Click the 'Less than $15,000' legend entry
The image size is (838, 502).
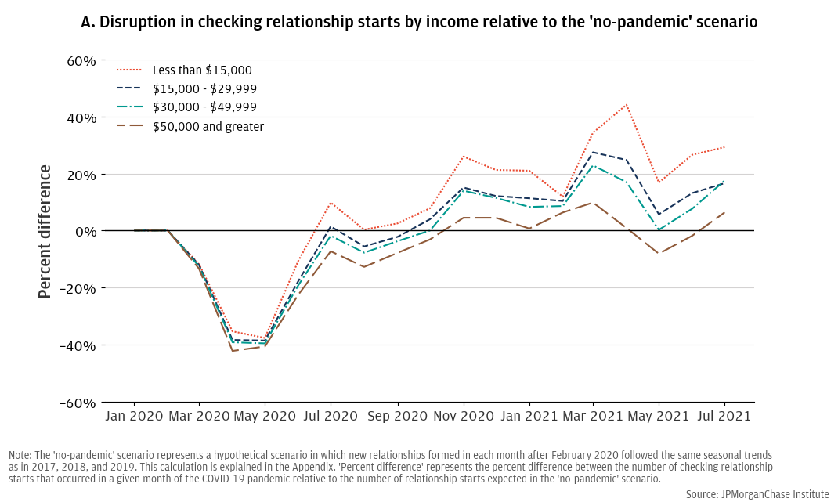tap(202, 70)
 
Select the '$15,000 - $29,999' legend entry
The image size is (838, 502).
tap(204, 88)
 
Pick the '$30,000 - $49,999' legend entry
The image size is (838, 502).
tap(204, 107)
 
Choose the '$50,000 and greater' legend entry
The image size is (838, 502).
tap(208, 126)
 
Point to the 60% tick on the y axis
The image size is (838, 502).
tap(81, 60)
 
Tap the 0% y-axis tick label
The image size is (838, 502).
tap(86, 231)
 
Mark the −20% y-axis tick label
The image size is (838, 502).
tap(79, 288)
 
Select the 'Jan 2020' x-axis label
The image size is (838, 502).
tap(133, 417)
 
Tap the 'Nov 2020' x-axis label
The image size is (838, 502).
tap(463, 417)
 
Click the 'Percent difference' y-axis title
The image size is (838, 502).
tap(45, 231)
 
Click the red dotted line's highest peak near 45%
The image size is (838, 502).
tap(626, 104)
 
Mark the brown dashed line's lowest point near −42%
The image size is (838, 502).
tap(233, 351)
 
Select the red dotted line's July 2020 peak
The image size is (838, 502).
tap(331, 203)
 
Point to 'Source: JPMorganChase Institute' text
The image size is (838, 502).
tap(757, 494)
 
